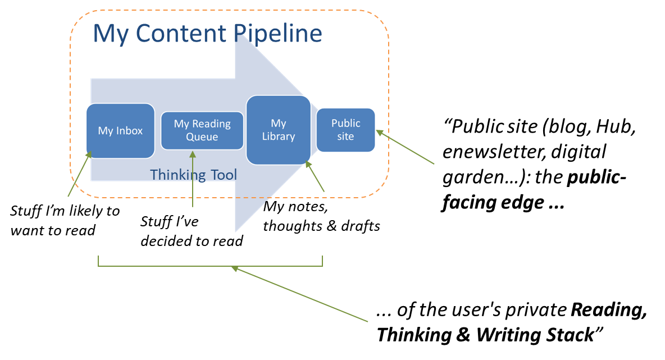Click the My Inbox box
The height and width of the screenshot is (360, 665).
click(120, 131)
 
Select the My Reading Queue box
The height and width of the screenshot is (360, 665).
click(202, 130)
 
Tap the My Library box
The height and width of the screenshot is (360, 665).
click(279, 130)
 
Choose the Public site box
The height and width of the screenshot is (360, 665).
click(345, 130)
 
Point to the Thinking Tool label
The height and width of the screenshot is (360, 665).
click(194, 175)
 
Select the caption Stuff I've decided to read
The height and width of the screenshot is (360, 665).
click(192, 231)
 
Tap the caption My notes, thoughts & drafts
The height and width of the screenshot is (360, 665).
click(321, 217)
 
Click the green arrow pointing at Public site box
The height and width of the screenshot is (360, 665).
click(406, 147)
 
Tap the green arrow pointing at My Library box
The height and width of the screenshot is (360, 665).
click(316, 177)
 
